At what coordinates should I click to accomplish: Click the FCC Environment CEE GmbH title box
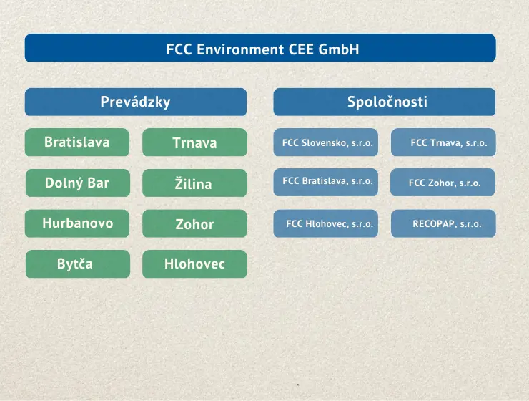pyautogui.click(x=260, y=48)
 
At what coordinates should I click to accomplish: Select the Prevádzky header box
pyautogui.click(x=136, y=102)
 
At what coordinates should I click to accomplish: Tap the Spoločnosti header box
pyautogui.click(x=385, y=102)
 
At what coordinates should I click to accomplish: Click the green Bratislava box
pyautogui.click(x=77, y=142)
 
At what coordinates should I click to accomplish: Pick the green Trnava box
pyautogui.click(x=194, y=142)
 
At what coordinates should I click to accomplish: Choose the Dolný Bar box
pyautogui.click(x=78, y=183)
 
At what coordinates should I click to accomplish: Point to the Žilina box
pyautogui.click(x=194, y=183)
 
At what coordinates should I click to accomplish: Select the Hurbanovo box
pyautogui.click(x=77, y=223)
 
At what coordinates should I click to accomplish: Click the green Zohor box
pyautogui.click(x=194, y=223)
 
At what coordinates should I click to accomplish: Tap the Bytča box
pyautogui.click(x=78, y=264)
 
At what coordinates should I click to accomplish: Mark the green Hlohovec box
pyautogui.click(x=194, y=264)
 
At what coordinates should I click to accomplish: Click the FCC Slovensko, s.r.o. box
pyautogui.click(x=325, y=142)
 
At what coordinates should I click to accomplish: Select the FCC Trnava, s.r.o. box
pyautogui.click(x=443, y=142)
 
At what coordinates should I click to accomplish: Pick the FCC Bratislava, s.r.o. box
pyautogui.click(x=325, y=182)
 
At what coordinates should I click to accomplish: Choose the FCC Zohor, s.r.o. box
pyautogui.click(x=443, y=182)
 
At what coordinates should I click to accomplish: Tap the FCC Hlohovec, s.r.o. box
pyautogui.click(x=325, y=223)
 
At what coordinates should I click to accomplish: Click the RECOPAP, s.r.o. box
pyautogui.click(x=443, y=223)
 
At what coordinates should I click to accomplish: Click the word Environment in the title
pyautogui.click(x=240, y=49)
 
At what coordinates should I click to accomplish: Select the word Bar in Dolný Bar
pyautogui.click(x=98, y=183)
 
